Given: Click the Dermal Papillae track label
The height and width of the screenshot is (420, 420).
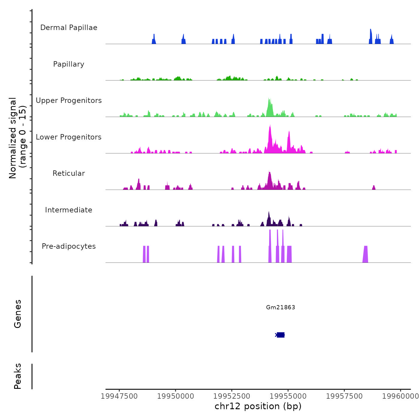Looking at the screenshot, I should pyautogui.click(x=69, y=28).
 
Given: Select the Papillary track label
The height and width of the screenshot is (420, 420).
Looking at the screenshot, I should pyautogui.click(x=69, y=64).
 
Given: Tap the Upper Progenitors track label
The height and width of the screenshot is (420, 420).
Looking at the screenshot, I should pyautogui.click(x=69, y=100).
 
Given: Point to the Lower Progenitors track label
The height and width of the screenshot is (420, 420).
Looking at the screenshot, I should pyautogui.click(x=69, y=137).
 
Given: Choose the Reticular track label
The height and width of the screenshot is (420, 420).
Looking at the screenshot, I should pyautogui.click(x=69, y=173).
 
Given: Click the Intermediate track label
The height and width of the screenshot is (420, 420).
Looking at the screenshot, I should pyautogui.click(x=69, y=210).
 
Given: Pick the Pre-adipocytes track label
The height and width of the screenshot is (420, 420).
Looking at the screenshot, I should pyautogui.click(x=69, y=246).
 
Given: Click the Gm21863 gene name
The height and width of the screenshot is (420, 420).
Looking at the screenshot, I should pyautogui.click(x=280, y=307).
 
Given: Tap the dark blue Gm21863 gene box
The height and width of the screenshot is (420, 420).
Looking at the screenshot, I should pyautogui.click(x=280, y=335).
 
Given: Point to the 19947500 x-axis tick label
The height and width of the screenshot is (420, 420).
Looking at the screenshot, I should pyautogui.click(x=119, y=396).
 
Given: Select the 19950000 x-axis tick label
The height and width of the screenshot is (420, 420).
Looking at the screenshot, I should pyautogui.click(x=175, y=396).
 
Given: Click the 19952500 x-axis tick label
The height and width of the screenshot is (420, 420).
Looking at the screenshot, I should pyautogui.click(x=232, y=396).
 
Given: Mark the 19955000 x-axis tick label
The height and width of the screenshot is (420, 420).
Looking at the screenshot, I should pyautogui.click(x=288, y=396).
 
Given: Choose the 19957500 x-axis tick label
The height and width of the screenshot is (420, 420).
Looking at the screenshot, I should pyautogui.click(x=344, y=396).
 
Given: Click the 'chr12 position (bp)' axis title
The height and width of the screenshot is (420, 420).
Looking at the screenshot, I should pyautogui.click(x=258, y=406).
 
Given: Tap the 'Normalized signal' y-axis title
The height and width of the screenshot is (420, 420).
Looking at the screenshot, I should pyautogui.click(x=13, y=138).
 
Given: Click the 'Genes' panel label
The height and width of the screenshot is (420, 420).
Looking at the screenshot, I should pyautogui.click(x=18, y=314).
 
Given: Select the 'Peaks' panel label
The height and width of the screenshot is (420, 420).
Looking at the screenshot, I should pyautogui.click(x=18, y=376).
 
